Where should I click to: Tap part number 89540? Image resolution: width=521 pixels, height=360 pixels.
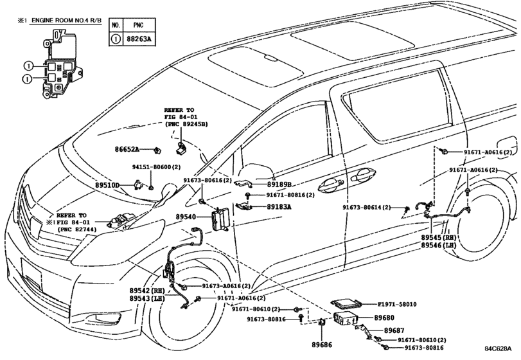(x=186, y=218)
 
